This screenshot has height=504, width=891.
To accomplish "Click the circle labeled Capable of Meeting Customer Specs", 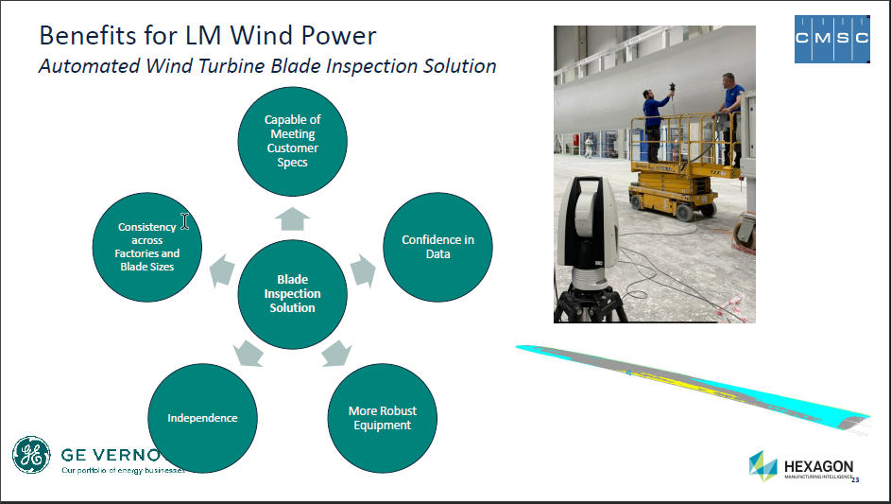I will pyautogui.click(x=292, y=141).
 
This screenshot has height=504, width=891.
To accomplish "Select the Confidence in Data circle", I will pyautogui.click(x=437, y=247).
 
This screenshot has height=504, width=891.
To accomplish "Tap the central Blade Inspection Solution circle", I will pyautogui.click(x=292, y=293).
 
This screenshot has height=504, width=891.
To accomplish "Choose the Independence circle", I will pyautogui.click(x=202, y=418).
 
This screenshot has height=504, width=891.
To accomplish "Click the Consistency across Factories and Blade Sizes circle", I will pyautogui.click(x=147, y=247).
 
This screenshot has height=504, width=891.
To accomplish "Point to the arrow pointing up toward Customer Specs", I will pyautogui.click(x=293, y=218).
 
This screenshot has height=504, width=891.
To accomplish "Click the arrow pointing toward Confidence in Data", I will pyautogui.click(x=363, y=269).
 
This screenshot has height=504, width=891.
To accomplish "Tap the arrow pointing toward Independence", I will pyautogui.click(x=248, y=355).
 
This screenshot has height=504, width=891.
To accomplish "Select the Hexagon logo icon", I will pyautogui.click(x=763, y=465).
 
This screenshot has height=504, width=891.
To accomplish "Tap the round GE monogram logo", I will pyautogui.click(x=31, y=456).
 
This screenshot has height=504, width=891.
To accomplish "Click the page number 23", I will pyautogui.click(x=855, y=480).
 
